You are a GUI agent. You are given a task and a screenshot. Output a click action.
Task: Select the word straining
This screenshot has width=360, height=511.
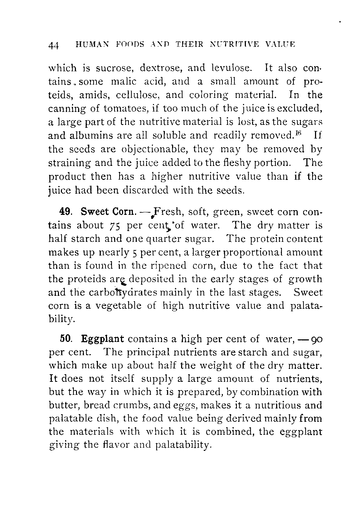pos(70,163)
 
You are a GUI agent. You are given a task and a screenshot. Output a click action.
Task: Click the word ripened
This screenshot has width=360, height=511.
pos(169,266)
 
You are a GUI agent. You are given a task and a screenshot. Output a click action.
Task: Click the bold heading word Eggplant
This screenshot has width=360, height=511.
pos(103,339)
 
